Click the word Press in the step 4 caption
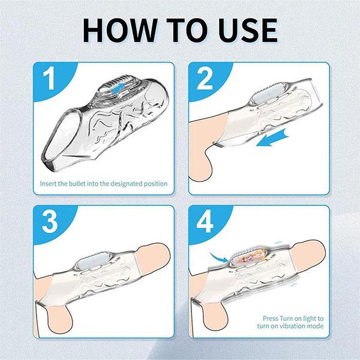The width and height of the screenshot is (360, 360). [272, 318]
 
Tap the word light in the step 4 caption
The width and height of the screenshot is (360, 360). [314, 318]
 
